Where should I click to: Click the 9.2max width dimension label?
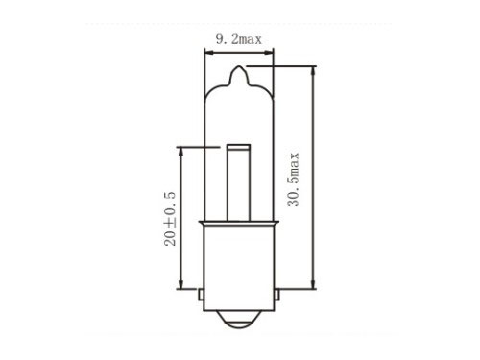tap(239, 39)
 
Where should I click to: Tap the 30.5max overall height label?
tap(293, 180)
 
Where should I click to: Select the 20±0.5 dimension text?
tap(170, 219)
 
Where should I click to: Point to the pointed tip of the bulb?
tap(239, 67)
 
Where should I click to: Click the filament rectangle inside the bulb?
tap(239, 182)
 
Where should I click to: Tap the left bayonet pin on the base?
tap(201, 295)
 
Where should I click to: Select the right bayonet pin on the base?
tap(276, 295)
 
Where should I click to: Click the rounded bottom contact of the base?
tap(239, 320)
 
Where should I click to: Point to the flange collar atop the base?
tap(239, 223)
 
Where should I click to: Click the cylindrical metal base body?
tap(239, 268)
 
